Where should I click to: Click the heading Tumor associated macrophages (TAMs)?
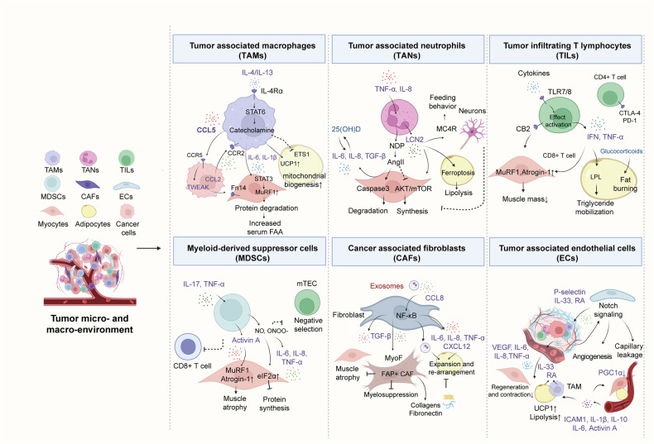pos(246,49)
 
